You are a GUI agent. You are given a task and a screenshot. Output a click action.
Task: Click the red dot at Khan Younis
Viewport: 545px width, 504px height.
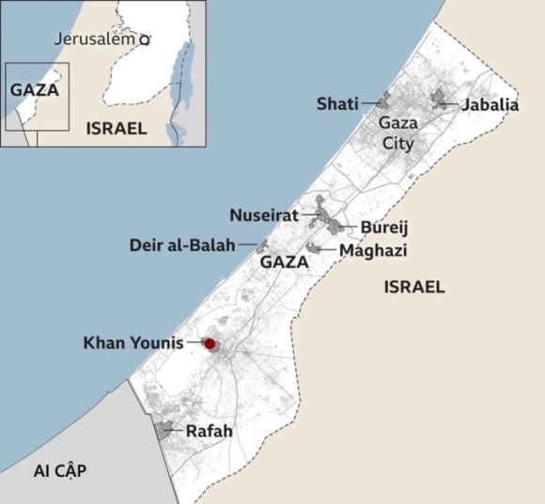coord(210,344)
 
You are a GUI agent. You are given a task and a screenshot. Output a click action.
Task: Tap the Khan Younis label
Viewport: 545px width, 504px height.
coord(133,342)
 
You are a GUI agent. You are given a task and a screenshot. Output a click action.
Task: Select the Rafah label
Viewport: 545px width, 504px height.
coord(209,432)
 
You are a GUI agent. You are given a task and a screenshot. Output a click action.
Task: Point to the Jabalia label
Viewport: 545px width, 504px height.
coord(490,104)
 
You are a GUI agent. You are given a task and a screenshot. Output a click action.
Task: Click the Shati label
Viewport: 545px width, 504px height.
coord(337,103)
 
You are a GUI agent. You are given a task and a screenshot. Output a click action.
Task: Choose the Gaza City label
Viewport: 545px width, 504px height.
coord(397,133)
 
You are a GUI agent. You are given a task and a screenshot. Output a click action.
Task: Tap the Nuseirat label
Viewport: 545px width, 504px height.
coord(264,215)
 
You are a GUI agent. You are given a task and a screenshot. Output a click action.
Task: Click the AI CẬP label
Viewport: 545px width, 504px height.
coord(59,471)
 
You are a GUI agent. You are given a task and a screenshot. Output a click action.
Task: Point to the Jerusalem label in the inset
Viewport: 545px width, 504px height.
coord(95,39)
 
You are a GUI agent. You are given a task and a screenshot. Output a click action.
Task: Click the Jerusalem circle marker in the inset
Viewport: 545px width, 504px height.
coord(145,40)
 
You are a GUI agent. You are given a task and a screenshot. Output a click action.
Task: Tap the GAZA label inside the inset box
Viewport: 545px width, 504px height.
coord(35,90)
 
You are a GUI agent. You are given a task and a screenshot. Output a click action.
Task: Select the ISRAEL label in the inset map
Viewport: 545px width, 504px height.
coord(116,128)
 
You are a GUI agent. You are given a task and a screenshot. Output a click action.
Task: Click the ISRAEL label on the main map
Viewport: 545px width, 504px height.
coord(414,287)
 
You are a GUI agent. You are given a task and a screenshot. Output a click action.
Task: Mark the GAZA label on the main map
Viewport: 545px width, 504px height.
coord(284,262)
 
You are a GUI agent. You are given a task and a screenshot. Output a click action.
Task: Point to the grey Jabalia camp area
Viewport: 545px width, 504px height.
coord(440,99)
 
